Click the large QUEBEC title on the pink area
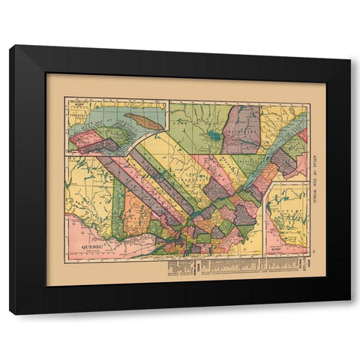[x=84, y=244]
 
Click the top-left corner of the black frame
[x=10, y=46]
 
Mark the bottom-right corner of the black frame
[x=349, y=313]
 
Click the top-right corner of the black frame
[x=349, y=46]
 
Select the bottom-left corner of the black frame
[x=10, y=313]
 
